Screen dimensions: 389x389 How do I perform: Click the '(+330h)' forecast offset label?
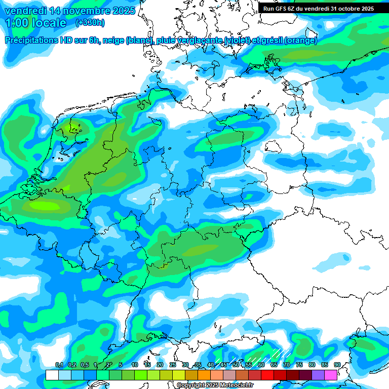pyautogui.click(x=90, y=23)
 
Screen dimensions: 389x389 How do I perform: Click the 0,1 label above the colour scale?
pyautogui.click(x=59, y=365)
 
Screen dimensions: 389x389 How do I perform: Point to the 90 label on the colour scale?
pyautogui.click(x=337, y=365)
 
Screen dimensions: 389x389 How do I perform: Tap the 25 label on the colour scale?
pyautogui.click(x=173, y=365)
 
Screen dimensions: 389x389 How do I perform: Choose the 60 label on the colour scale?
pyautogui.click(x=261, y=365)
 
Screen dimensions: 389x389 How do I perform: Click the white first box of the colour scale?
pyautogui.click(x=52, y=375)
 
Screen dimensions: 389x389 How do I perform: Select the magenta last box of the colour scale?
pyautogui.click(x=331, y=375)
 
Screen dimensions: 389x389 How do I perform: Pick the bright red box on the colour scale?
pyautogui.click(x=267, y=375)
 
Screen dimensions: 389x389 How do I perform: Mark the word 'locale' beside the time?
pyautogui.click(x=48, y=23)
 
